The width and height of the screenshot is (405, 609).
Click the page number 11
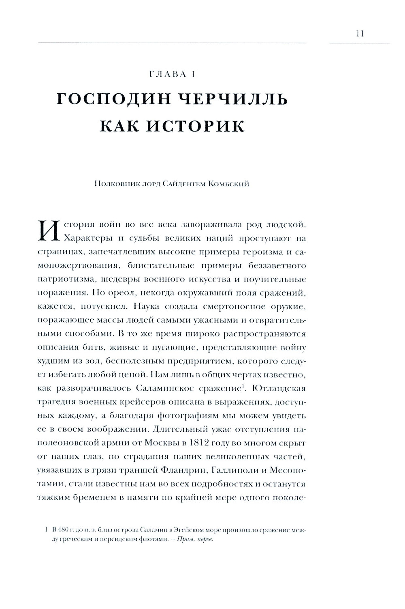point(360,34)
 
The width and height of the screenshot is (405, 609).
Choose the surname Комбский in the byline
point(228,184)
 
